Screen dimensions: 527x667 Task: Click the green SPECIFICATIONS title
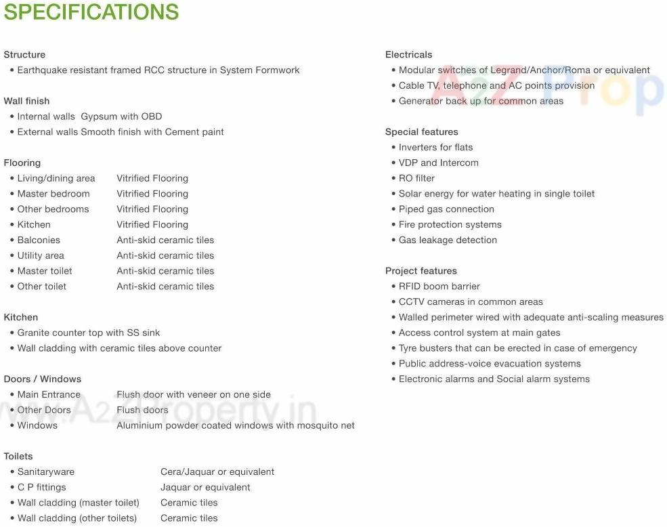tap(91, 12)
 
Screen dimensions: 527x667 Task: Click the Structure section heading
tap(24, 55)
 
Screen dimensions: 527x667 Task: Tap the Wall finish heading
tap(26, 101)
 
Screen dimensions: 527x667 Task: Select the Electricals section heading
tap(408, 55)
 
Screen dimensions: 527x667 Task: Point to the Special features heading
tap(421, 132)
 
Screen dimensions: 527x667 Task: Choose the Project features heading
tap(421, 271)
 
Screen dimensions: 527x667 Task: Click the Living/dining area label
tap(56, 178)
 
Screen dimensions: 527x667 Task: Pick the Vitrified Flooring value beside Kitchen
tap(152, 225)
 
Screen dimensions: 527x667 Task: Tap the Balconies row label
tap(39, 240)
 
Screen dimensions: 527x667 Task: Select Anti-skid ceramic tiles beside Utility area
tap(165, 256)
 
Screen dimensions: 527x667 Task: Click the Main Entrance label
tap(49, 395)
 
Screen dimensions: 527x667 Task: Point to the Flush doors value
tap(142, 410)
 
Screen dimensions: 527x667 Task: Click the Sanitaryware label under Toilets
tap(46, 472)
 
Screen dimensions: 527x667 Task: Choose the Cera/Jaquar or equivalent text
tap(217, 472)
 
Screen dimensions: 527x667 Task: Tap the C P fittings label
tap(42, 488)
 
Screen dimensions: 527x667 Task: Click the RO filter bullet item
tap(416, 178)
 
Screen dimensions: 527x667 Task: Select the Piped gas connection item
tap(446, 209)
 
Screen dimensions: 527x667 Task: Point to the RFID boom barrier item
tap(439, 287)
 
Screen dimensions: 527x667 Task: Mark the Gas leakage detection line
tap(448, 240)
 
